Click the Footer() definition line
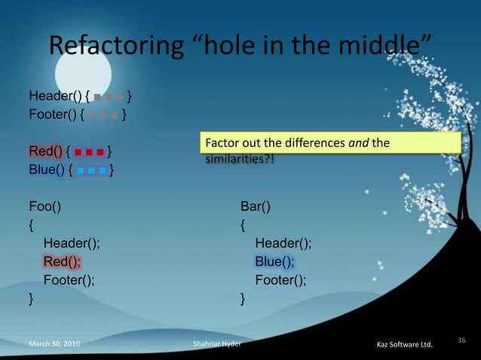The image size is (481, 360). (57, 115)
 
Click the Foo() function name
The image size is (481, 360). (45, 206)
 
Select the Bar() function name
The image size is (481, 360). (256, 206)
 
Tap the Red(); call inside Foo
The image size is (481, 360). (63, 261)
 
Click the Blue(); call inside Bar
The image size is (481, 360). (275, 261)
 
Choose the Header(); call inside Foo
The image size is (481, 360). (72, 243)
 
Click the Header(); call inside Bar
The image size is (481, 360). (283, 243)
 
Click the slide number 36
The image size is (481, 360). (462, 341)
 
